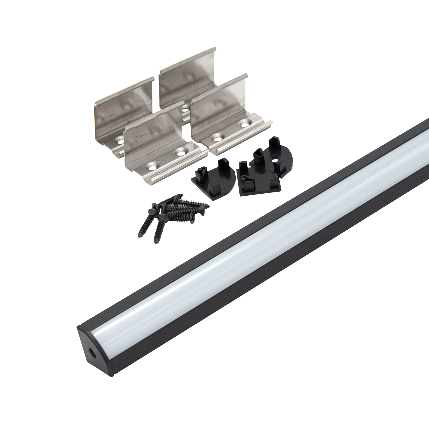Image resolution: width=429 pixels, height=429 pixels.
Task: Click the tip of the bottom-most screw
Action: [156, 243]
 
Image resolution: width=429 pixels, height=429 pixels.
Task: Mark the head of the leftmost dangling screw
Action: [151, 211]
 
